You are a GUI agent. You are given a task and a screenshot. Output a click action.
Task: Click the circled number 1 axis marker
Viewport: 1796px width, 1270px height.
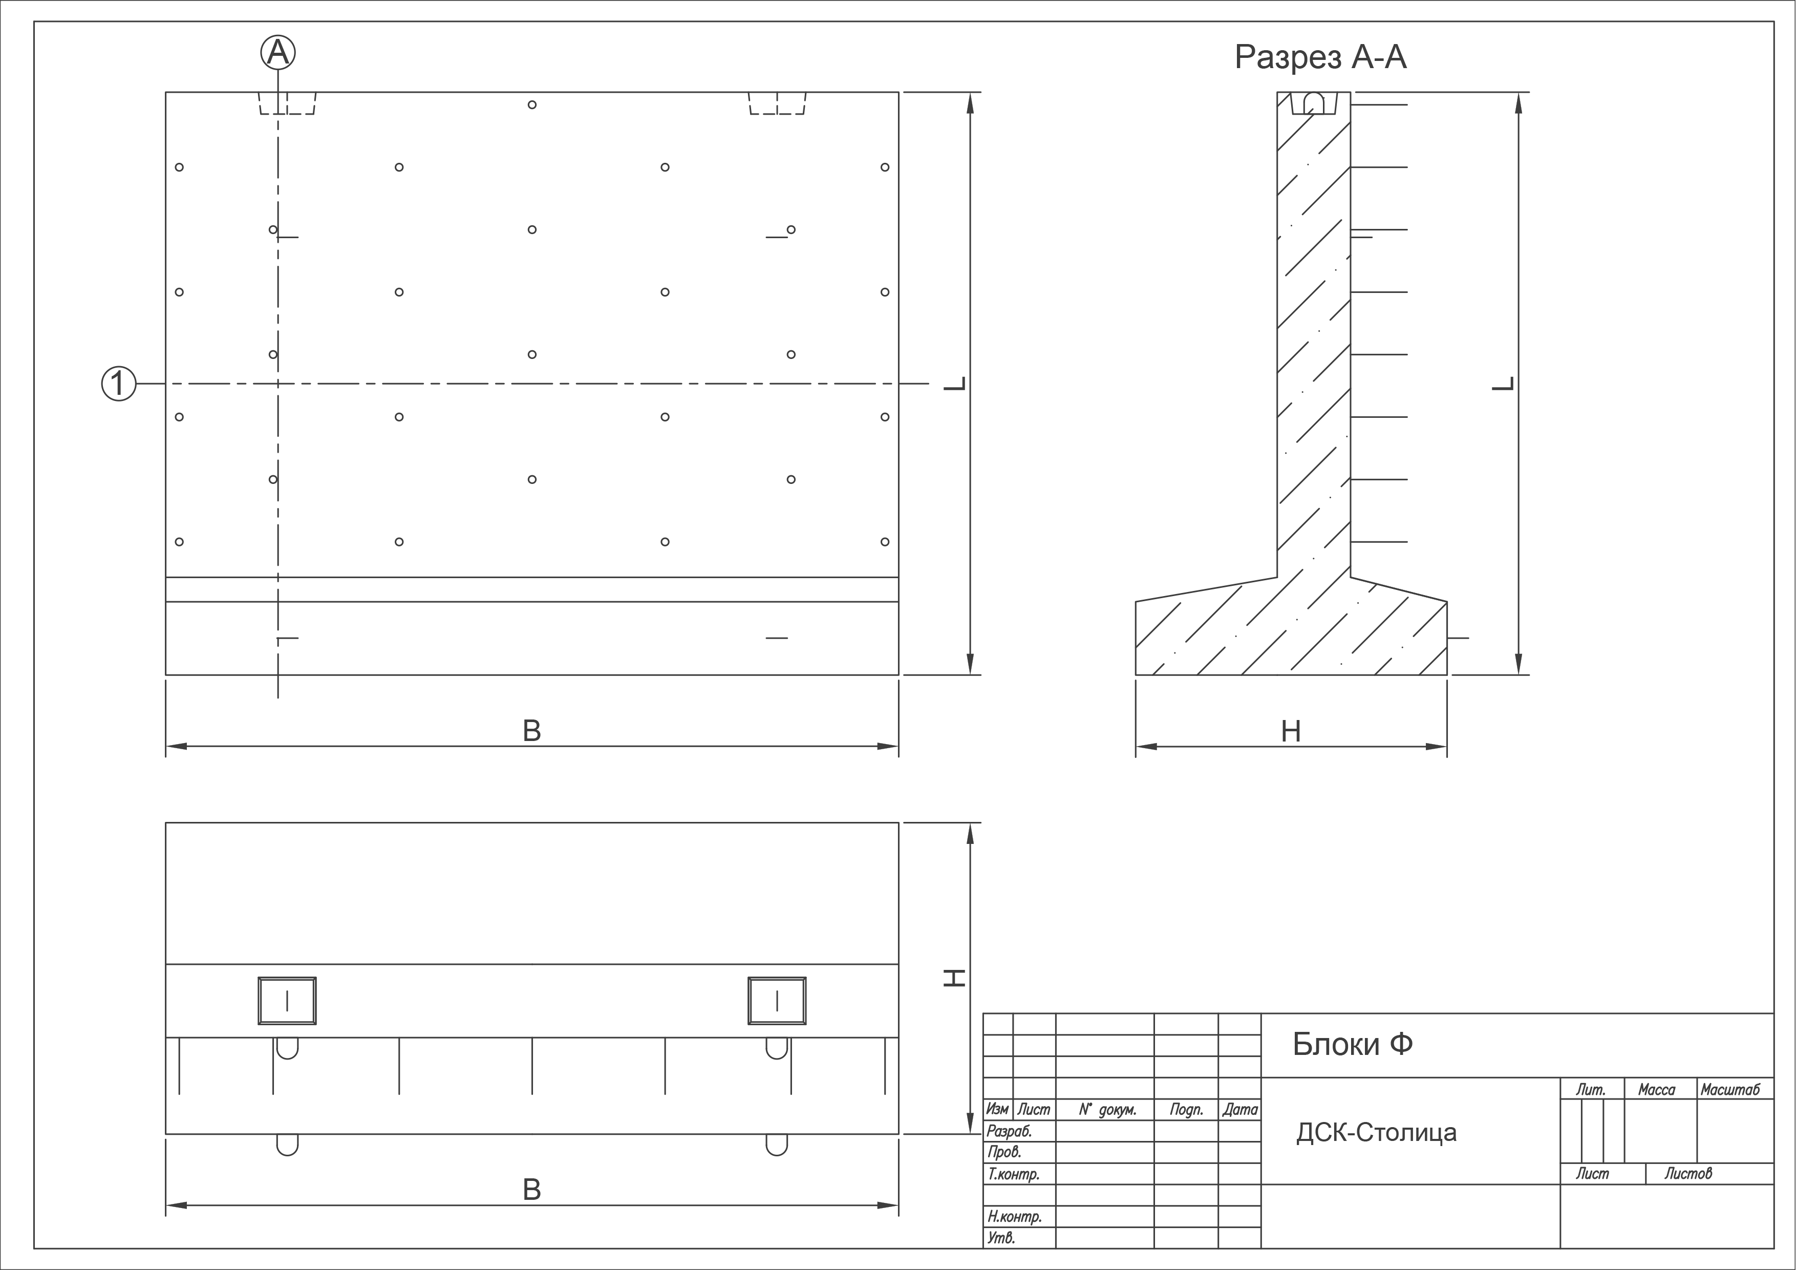point(119,384)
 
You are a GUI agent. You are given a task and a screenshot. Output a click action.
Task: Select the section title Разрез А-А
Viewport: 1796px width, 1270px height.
point(1320,57)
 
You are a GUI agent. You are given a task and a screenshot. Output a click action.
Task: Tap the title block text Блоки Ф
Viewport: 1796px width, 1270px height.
point(1353,1044)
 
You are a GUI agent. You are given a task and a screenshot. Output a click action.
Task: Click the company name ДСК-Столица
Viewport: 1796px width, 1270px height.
point(1376,1132)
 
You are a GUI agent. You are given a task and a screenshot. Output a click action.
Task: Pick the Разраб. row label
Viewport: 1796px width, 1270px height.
point(1009,1131)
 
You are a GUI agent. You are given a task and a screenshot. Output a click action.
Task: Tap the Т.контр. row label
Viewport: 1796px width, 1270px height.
point(1013,1174)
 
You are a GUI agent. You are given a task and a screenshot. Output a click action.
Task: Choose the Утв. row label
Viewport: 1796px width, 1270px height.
point(1001,1238)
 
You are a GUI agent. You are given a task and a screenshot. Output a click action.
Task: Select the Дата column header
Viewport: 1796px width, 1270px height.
point(1240,1110)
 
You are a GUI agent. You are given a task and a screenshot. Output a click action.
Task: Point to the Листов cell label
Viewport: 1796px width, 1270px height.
point(1688,1173)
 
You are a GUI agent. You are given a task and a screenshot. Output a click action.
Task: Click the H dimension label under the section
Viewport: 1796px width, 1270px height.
point(1291,732)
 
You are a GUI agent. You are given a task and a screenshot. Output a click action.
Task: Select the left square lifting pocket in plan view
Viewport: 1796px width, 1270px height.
point(287,1001)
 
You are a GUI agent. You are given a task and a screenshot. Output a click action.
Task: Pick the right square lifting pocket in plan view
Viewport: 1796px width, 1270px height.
point(777,1001)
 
